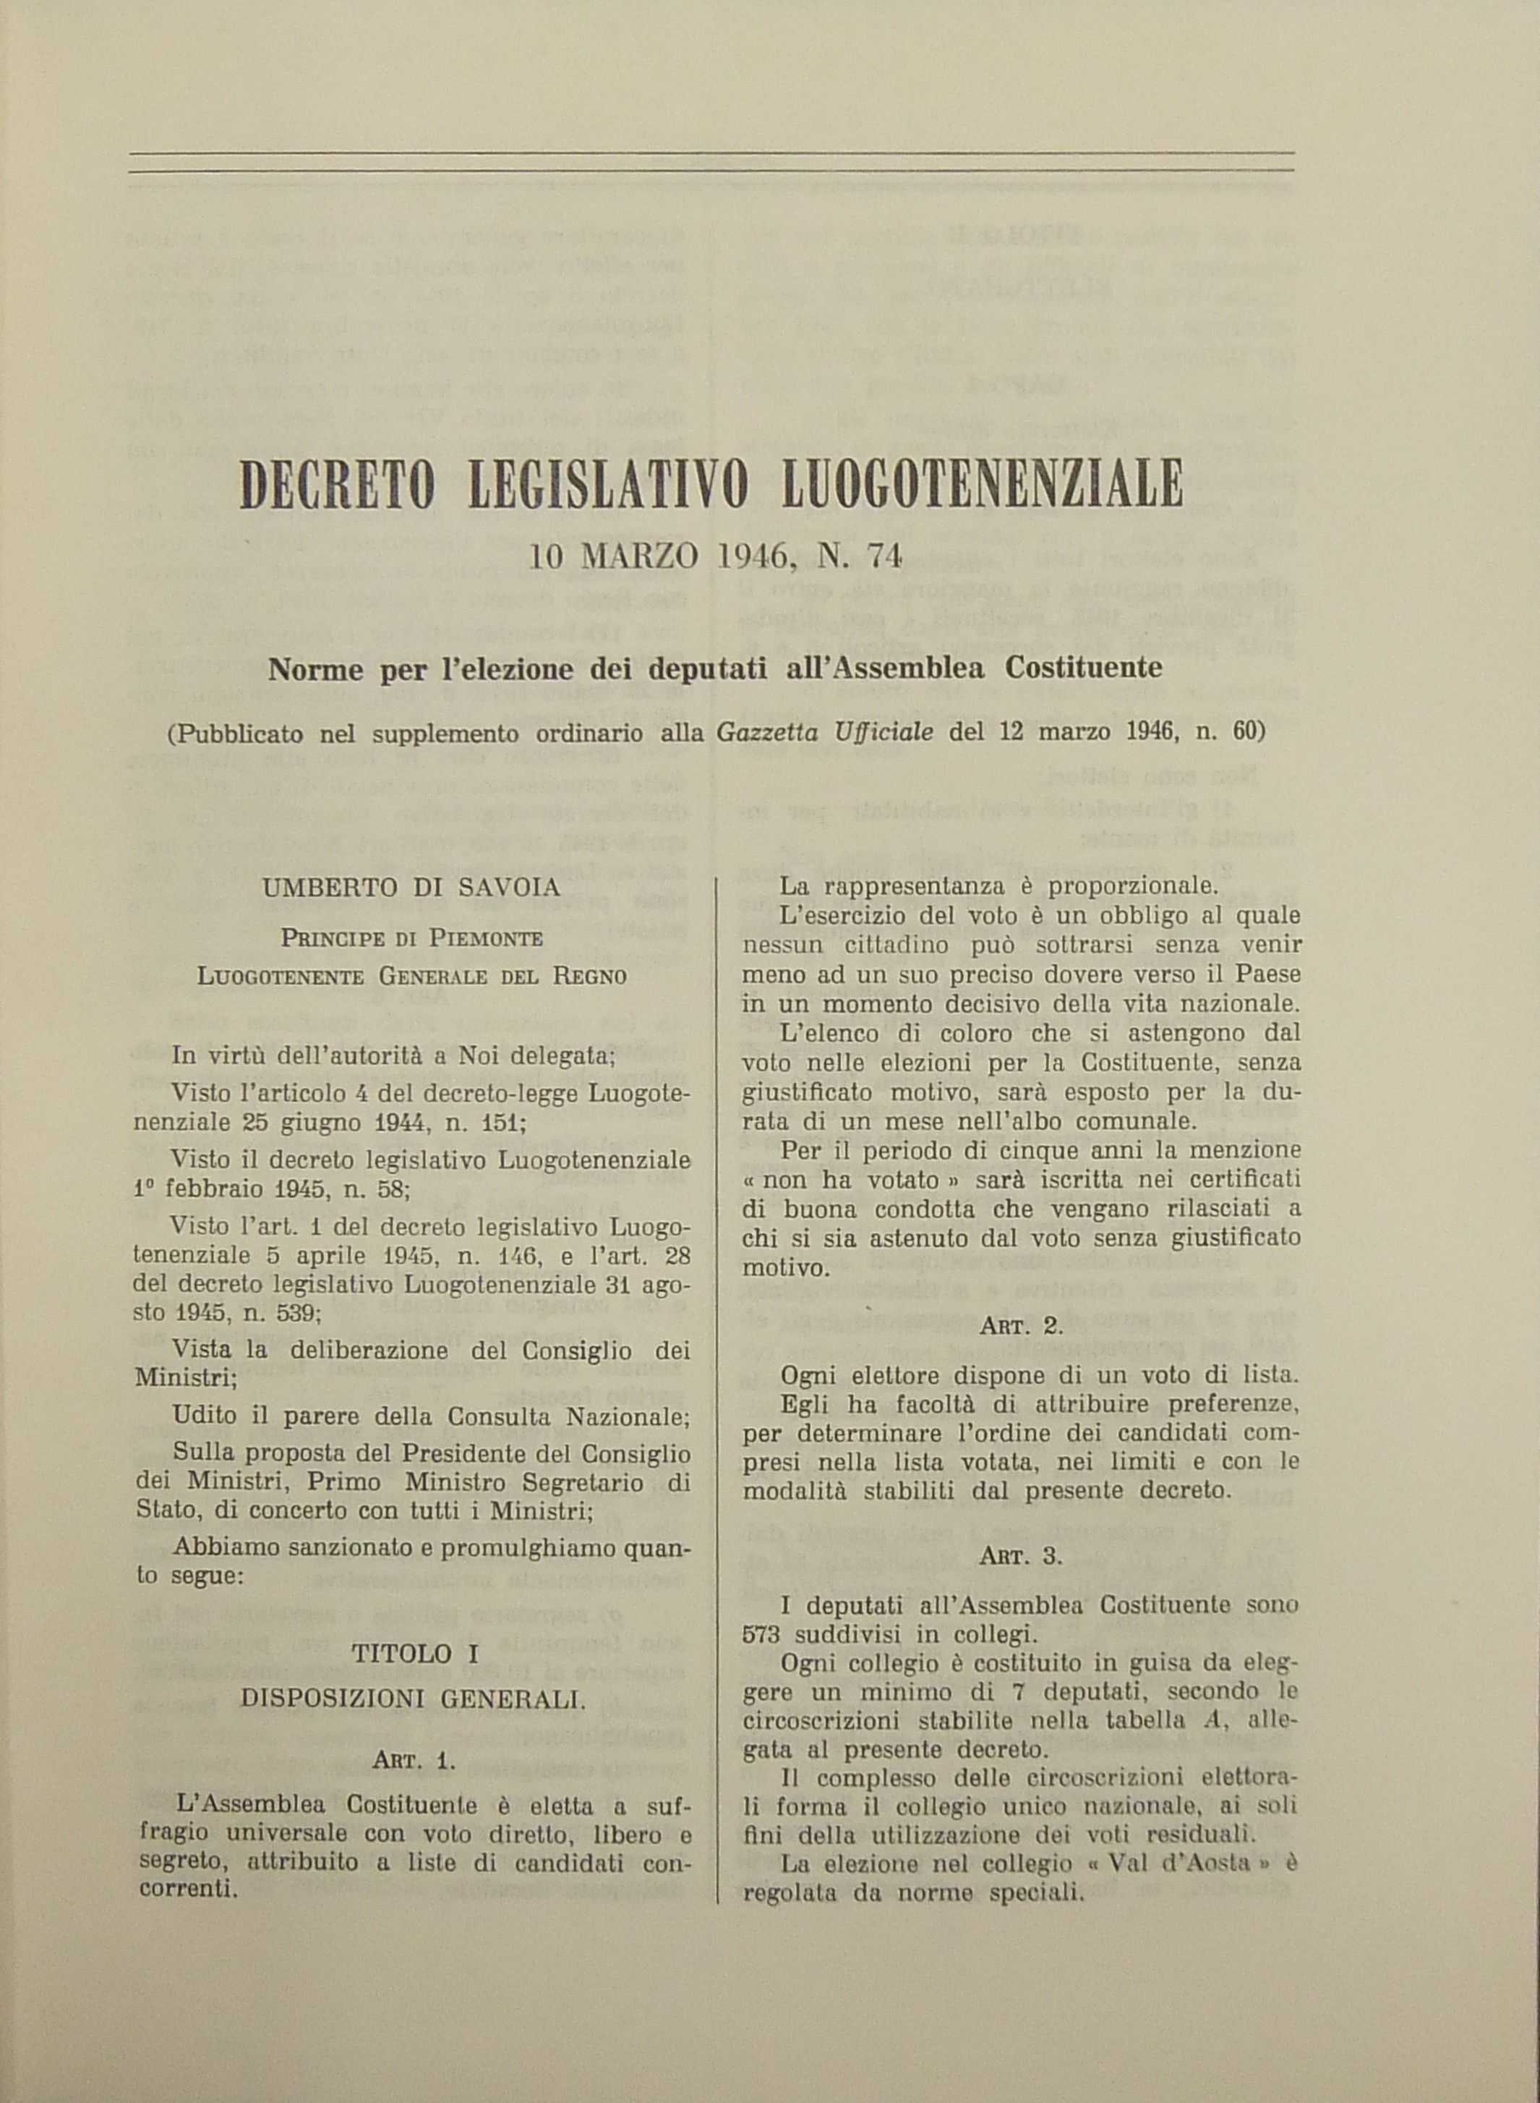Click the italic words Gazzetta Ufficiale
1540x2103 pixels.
tap(825, 732)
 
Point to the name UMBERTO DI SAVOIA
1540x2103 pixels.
tap(411, 887)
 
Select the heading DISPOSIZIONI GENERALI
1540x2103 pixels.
tap(413, 1699)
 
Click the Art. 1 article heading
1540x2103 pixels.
tap(414, 1761)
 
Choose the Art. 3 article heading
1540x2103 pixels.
tap(1021, 1555)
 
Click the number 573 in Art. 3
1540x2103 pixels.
tap(761, 1634)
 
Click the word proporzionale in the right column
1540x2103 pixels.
tap(1135, 885)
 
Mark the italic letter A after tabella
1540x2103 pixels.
tap(1211, 1722)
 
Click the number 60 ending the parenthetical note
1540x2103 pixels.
tap(1244, 732)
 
